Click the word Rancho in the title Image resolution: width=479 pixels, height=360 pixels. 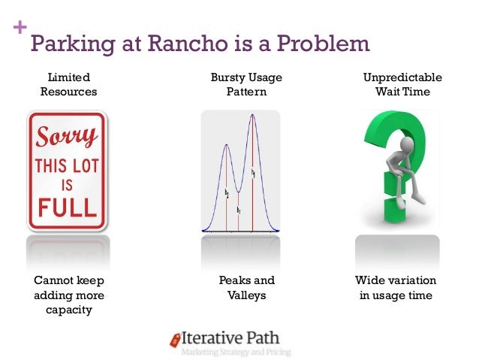pyautogui.click(x=192, y=44)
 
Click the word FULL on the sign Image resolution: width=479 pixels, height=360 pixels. pyautogui.click(x=66, y=206)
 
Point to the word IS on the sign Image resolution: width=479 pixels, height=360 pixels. pyautogui.click(x=66, y=185)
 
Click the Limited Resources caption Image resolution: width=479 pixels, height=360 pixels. pyautogui.click(x=68, y=84)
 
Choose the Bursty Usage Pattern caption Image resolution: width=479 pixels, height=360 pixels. pyautogui.click(x=246, y=84)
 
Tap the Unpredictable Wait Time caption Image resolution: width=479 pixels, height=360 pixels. pyautogui.click(x=402, y=84)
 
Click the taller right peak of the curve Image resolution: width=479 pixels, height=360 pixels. pyautogui.click(x=253, y=116)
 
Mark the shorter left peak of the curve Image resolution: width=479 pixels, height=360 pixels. pyautogui.click(x=226, y=145)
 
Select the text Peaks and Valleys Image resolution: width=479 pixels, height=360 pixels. pyautogui.click(x=246, y=288)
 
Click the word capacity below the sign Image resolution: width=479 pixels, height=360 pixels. pyautogui.click(x=68, y=310)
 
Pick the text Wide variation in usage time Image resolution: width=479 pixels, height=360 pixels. pyautogui.click(x=396, y=288)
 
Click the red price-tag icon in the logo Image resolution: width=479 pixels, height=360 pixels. pyautogui.click(x=174, y=340)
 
